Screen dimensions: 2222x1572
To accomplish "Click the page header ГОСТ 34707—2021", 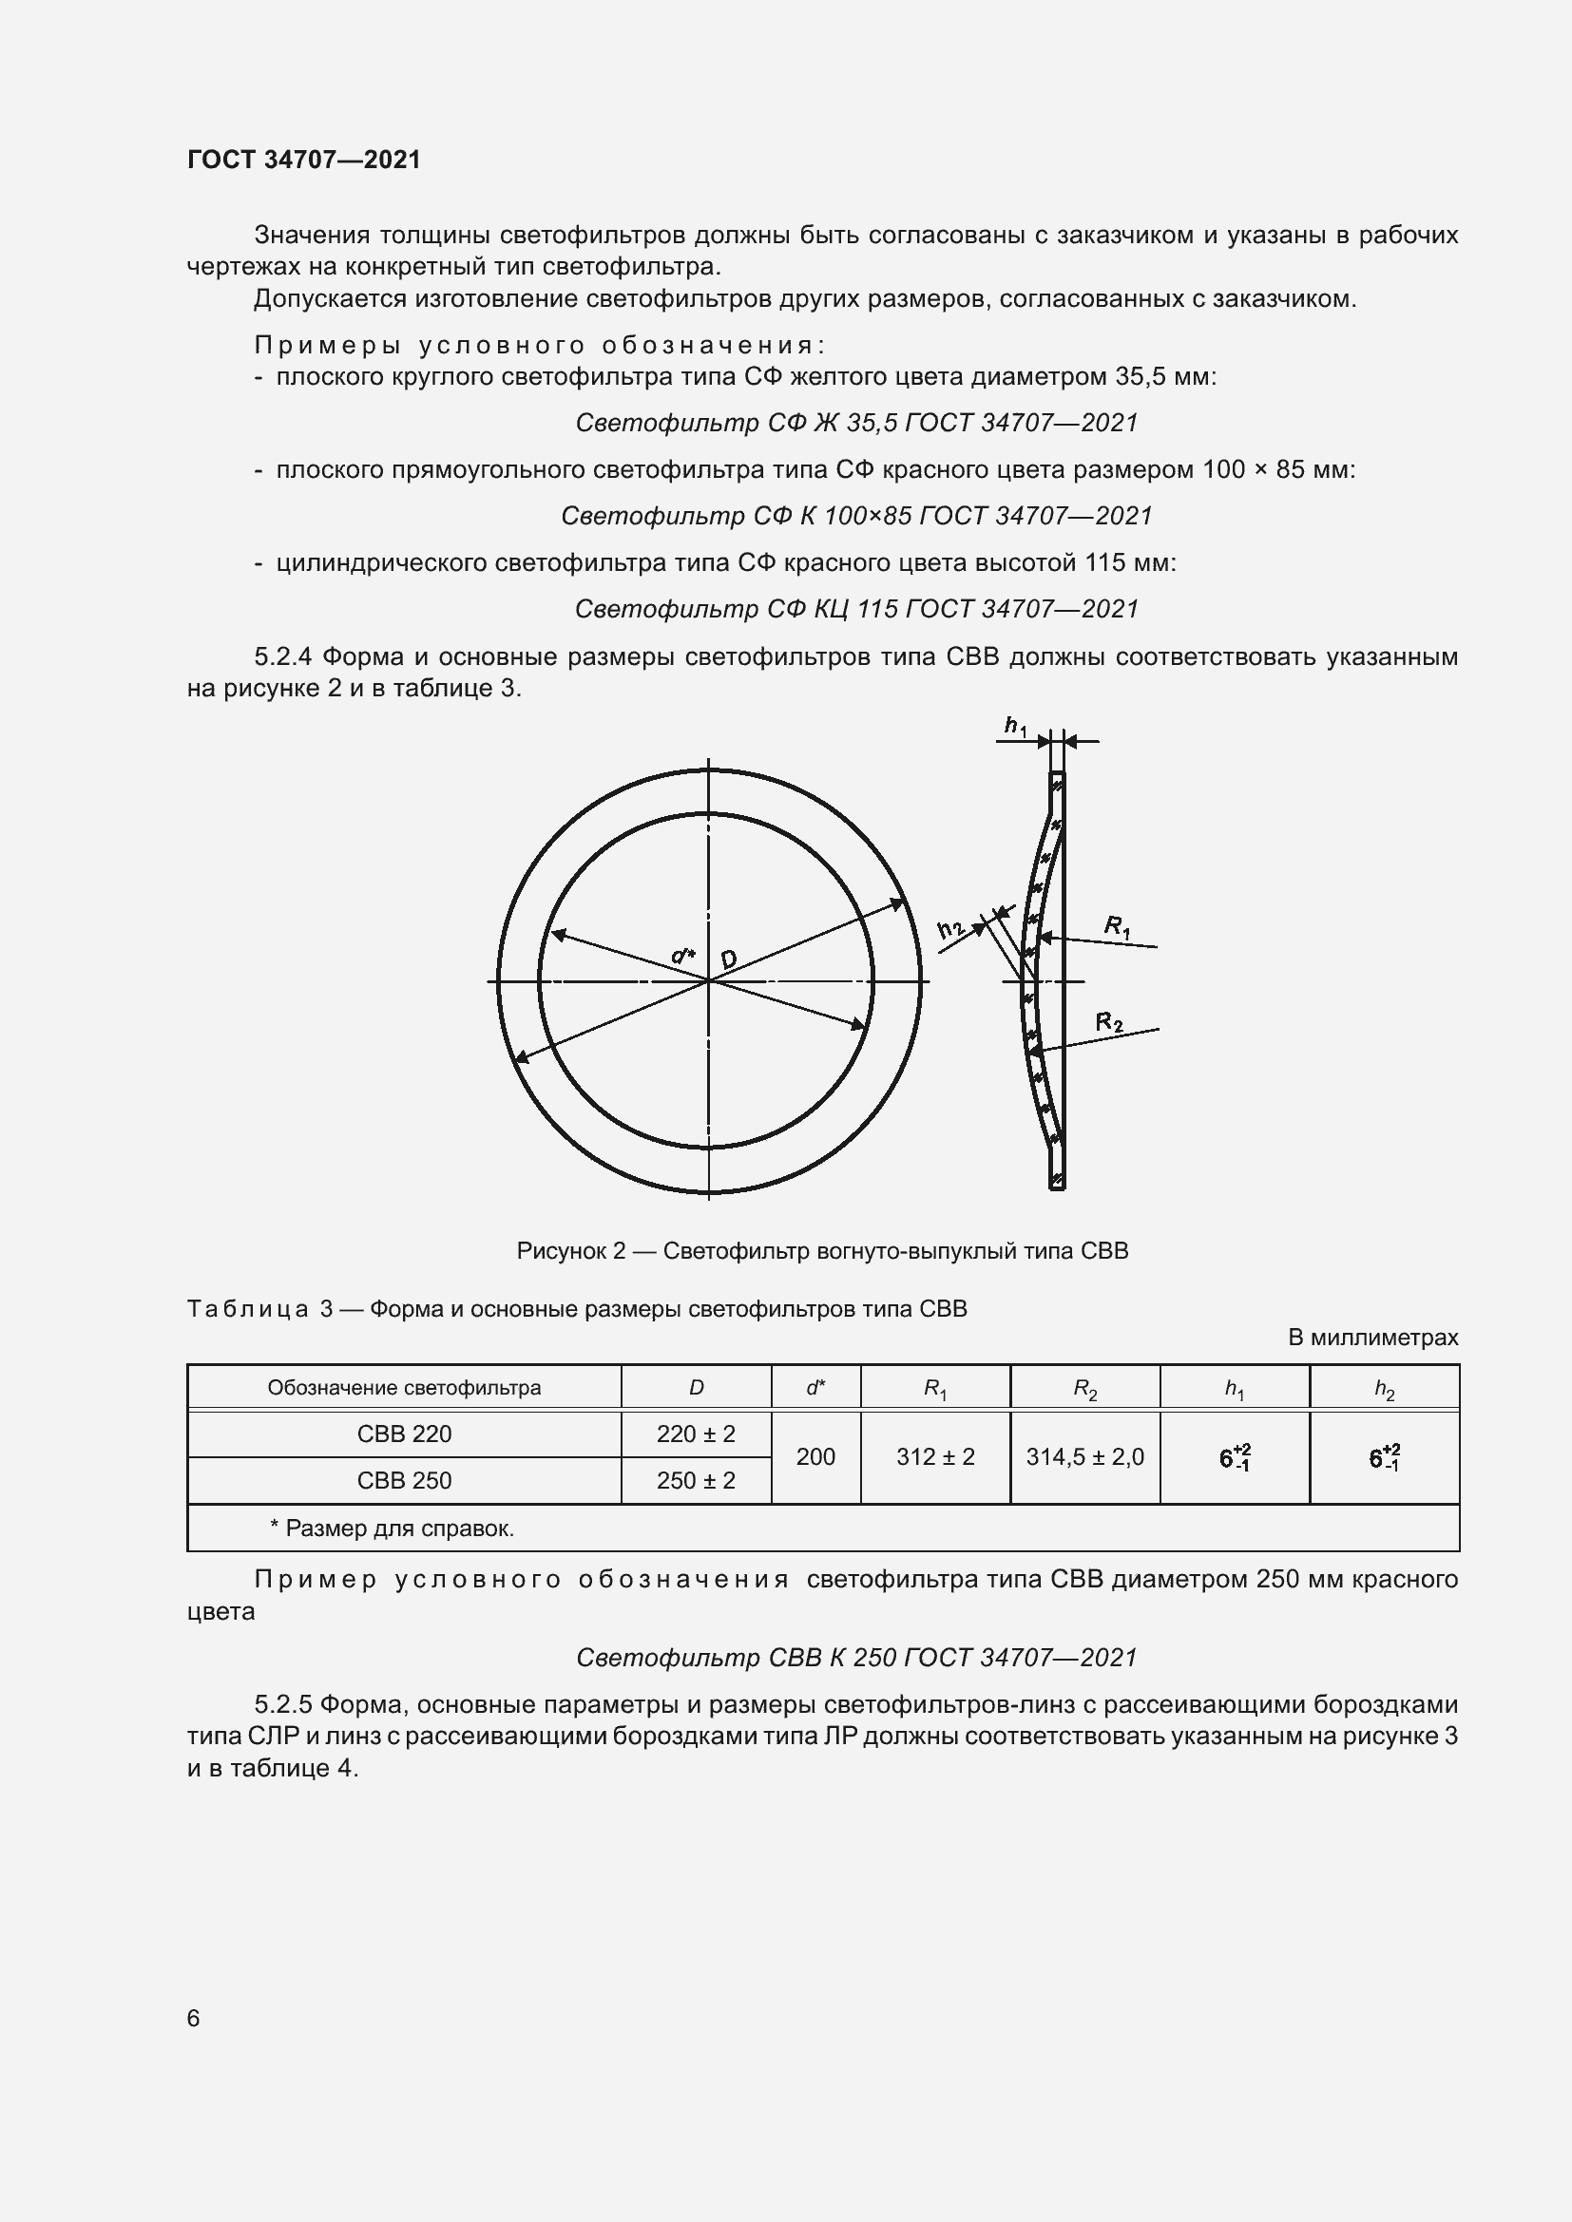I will (304, 160).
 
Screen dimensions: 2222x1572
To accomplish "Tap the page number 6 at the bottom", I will (194, 2019).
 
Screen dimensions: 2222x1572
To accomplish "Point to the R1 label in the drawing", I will (1117, 926).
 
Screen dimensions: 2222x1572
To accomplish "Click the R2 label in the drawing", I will (1109, 1022).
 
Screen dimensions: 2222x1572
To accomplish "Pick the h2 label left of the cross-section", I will (951, 930).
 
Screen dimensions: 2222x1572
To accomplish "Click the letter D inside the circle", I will (728, 959).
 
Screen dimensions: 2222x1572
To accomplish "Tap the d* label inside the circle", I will (683, 957).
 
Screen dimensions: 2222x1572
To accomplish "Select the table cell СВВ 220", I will (404, 1434).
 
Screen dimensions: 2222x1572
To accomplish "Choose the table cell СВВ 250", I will (404, 1481).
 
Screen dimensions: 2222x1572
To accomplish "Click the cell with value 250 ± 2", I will (695, 1481).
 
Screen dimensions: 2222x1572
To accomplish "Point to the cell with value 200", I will (815, 1457).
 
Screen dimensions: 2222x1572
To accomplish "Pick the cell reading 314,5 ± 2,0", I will (1084, 1457).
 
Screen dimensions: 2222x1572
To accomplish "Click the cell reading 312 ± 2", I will (935, 1457).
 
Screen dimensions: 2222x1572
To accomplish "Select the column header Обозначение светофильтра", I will (404, 1388).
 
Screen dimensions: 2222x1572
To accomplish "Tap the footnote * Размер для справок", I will (391, 1529).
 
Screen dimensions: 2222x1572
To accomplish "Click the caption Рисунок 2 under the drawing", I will (822, 1251).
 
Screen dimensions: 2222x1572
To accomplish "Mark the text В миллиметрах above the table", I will (1371, 1338).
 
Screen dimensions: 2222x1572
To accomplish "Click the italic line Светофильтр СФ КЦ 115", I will (855, 609).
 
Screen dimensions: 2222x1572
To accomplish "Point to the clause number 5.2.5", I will (283, 1704).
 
